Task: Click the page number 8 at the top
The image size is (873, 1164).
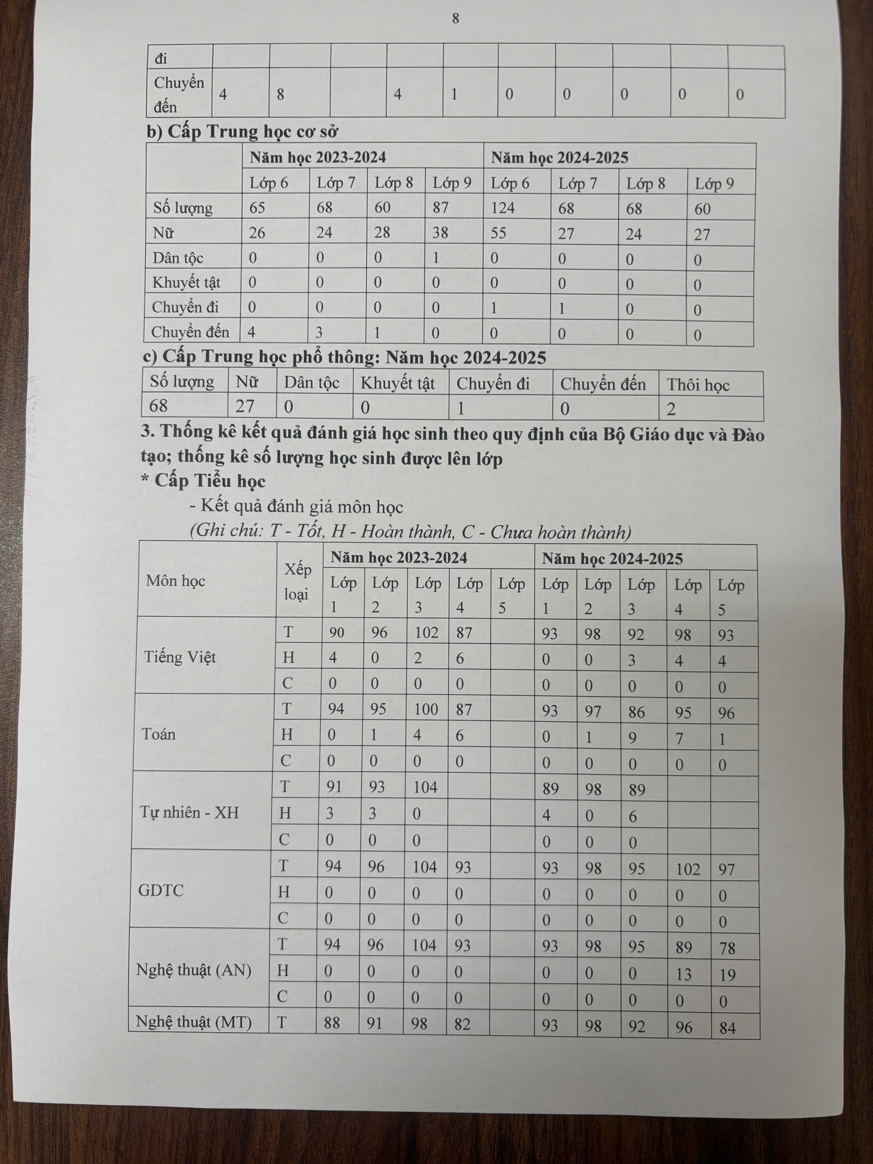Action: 455,19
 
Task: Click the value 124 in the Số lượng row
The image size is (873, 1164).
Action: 502,208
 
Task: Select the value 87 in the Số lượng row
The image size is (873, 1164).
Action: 441,207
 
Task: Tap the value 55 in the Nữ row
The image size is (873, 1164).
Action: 498,233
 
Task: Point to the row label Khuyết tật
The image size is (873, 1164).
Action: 186,282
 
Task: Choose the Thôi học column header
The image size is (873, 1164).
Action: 698,385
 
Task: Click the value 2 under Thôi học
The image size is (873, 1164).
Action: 671,409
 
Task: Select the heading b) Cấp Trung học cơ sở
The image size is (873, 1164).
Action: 241,131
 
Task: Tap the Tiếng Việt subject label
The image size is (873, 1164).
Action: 180,657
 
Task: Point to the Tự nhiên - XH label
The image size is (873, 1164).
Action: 190,812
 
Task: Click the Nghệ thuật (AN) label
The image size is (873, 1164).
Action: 194,969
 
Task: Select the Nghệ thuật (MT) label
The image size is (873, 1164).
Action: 194,1022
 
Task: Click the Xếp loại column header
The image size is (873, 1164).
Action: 297,582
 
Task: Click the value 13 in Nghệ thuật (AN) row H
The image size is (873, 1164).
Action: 683,974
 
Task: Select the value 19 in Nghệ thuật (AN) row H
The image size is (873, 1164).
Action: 727,975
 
